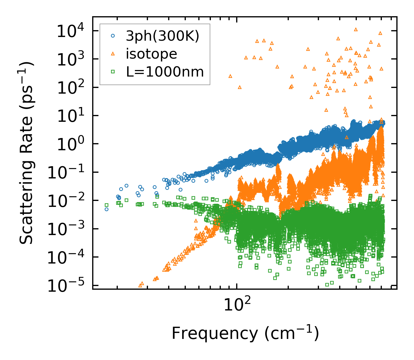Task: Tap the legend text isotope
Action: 151,54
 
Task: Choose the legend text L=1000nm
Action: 165,72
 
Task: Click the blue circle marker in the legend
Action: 113,36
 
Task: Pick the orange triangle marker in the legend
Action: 113,54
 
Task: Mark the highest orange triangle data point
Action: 356,29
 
